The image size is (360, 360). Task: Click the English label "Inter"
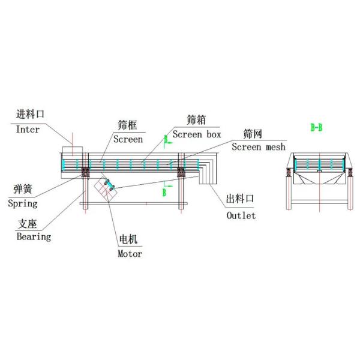click(27, 129)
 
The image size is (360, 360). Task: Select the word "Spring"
click(23, 203)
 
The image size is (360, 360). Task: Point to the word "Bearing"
click(34, 236)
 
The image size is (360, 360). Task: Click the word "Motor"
click(130, 253)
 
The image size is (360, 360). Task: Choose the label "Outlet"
click(241, 215)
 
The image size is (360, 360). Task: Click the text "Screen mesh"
click(259, 146)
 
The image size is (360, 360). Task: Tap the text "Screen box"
click(197, 134)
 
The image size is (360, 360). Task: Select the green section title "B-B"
click(316, 127)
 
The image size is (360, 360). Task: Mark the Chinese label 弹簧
click(23, 190)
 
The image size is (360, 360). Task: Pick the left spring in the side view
click(85, 173)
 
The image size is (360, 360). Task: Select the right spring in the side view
click(180, 173)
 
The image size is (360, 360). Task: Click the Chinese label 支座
click(28, 224)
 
